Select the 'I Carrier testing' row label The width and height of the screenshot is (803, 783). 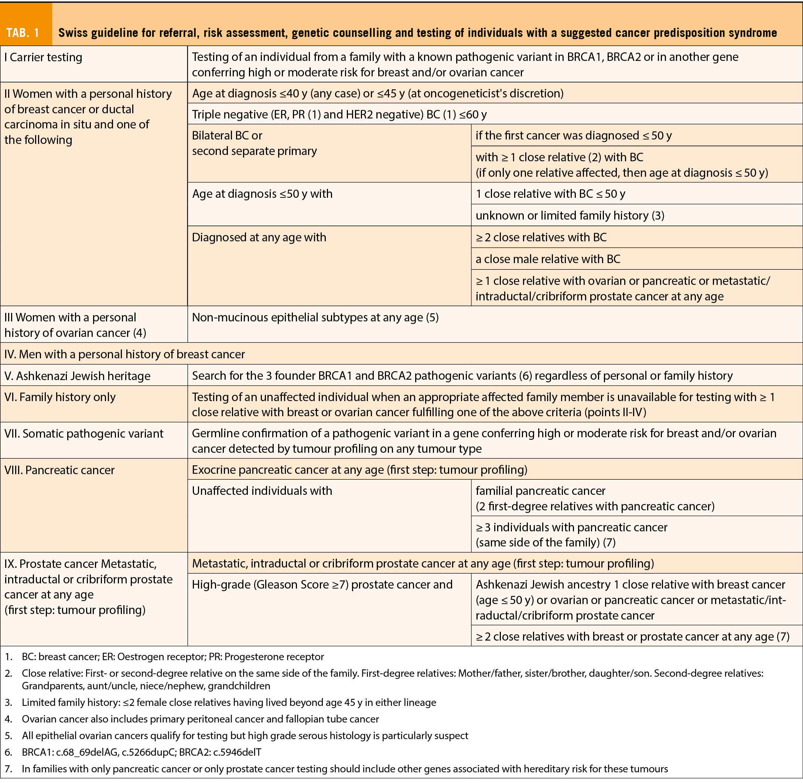coord(43,57)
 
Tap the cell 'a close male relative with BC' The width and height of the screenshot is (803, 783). coord(547,259)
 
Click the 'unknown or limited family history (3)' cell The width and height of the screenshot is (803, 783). coord(570,215)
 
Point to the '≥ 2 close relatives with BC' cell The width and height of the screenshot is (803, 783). coord(541,237)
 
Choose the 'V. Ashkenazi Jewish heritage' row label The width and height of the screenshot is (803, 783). coord(77,376)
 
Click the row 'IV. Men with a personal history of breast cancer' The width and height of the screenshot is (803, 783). coord(125,354)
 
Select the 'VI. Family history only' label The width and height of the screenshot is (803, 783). coord(60,397)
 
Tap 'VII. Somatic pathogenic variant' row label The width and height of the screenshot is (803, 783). coord(84,434)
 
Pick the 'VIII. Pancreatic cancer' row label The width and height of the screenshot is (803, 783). coord(59,470)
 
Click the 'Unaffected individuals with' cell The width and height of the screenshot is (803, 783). coord(262,491)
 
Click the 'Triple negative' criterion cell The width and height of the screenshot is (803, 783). coord(339,114)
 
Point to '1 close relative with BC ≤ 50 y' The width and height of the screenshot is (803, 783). coord(550,194)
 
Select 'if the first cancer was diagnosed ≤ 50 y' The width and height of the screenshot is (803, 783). coord(573,136)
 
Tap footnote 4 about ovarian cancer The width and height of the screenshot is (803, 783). coord(200,719)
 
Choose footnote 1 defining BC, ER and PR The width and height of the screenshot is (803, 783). coord(173,657)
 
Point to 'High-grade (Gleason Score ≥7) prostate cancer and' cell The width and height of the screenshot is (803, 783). coord(322,584)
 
